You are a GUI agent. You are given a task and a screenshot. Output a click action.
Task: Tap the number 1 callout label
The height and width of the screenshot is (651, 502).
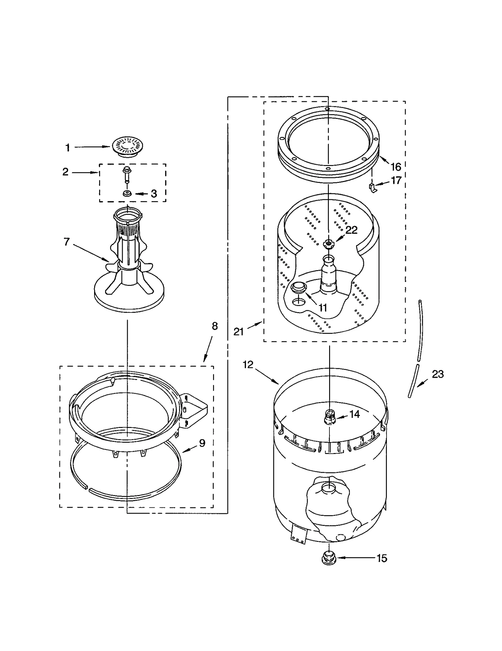67,147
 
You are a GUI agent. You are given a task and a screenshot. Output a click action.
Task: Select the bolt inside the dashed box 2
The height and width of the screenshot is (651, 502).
127,174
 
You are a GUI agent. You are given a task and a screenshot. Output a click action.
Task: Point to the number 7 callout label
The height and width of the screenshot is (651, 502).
67,242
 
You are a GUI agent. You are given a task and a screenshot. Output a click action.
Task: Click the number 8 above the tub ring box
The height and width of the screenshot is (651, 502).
215,326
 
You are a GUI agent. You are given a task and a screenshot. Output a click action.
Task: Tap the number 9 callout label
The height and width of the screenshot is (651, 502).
202,443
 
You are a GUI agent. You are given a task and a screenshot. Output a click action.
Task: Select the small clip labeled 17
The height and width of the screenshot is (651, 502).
372,188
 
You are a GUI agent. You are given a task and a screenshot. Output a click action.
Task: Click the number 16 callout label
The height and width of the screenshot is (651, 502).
396,167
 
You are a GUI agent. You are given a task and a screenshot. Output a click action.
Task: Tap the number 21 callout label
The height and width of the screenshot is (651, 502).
238,331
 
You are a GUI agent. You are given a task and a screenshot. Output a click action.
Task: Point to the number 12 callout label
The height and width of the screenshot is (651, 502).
248,365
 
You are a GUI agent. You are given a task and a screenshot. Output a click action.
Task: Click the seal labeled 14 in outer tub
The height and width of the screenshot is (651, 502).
329,417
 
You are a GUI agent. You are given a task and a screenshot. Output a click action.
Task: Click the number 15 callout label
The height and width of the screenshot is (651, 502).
382,558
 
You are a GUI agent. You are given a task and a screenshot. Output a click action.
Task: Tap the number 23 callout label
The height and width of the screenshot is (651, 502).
438,374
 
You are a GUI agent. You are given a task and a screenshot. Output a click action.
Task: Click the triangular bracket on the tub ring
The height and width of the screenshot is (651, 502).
195,409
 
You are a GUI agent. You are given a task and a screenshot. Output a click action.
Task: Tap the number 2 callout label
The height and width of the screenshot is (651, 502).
65,172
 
